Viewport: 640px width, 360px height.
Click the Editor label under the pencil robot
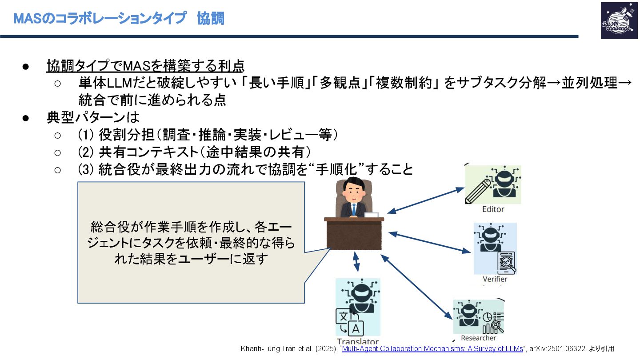coord(493,209)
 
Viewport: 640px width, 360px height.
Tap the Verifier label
coord(495,279)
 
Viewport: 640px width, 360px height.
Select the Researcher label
coord(478,338)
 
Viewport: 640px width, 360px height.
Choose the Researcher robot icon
coord(478,316)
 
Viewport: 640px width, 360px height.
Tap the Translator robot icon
coord(358,307)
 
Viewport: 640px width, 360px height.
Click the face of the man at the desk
coord(353,192)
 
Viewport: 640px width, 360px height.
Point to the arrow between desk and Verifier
coord(429,242)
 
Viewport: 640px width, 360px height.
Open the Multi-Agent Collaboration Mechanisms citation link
coord(432,348)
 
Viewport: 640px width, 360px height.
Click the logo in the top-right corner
coord(619,20)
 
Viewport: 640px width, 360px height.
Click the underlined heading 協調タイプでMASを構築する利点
coord(145,66)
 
